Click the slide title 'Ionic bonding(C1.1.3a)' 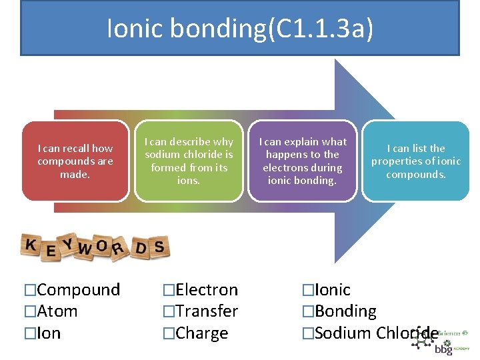[240, 29]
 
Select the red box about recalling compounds [75, 161]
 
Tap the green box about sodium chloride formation [189, 161]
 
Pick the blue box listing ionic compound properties [416, 161]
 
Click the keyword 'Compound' [78, 290]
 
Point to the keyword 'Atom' [57, 311]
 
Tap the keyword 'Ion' [49, 333]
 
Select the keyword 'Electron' [207, 290]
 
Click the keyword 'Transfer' [207, 311]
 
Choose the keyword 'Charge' [201, 333]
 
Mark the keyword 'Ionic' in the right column [332, 290]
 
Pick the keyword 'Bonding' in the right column [345, 311]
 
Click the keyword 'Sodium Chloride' [376, 333]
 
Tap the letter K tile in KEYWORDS [31, 245]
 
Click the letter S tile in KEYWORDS [159, 247]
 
